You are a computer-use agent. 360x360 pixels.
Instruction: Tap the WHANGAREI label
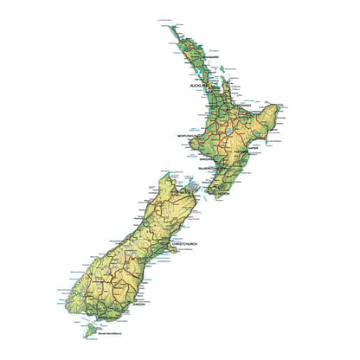(x=207, y=58)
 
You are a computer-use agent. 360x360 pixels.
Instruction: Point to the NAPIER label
(x=253, y=148)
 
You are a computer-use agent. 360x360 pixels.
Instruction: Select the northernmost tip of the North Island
(x=170, y=26)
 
